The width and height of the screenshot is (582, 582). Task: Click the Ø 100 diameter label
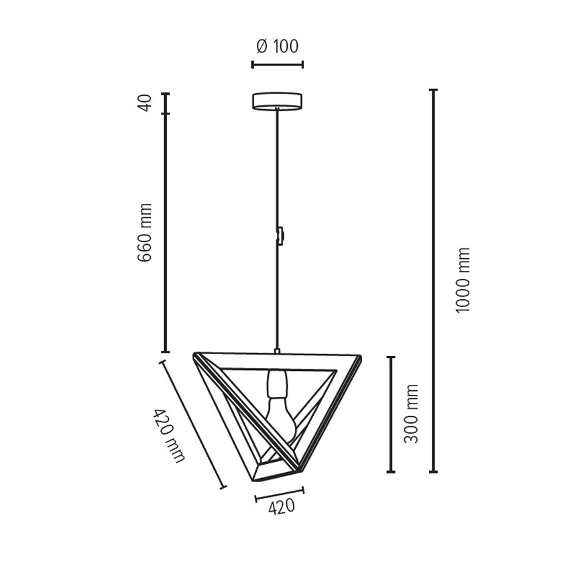pos(277,46)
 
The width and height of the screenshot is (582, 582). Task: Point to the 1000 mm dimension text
pos(463,280)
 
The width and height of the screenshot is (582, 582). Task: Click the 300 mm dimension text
pos(412,413)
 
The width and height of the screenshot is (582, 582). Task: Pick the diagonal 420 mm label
pos(168,435)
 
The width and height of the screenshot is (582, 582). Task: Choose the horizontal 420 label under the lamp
pos(281,508)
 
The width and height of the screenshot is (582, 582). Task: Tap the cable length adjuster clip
pos(280,235)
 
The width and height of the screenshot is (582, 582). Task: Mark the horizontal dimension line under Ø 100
pos(277,64)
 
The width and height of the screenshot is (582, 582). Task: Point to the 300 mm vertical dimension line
pos(392,414)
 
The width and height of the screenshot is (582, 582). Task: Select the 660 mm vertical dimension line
pos(166,232)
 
